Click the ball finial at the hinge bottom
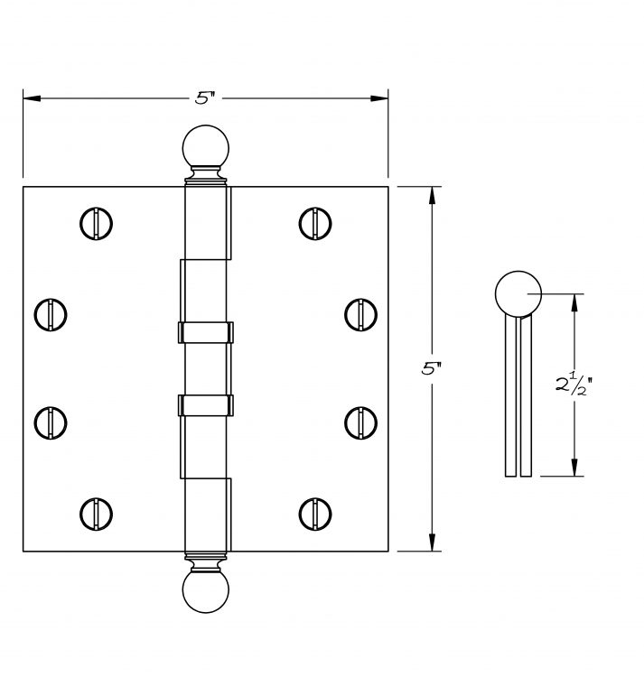coord(206,591)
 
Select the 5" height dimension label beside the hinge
coord(432,368)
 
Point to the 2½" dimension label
coord(574,384)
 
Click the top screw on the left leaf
coord(96,224)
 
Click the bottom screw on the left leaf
coord(96,515)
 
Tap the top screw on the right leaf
coord(315,224)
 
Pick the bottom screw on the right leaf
coord(315,515)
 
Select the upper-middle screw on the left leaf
coord(51,315)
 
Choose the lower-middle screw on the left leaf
coord(51,423)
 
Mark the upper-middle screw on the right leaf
coord(361,315)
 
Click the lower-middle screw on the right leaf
coord(361,423)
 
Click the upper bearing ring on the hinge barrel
coord(206,332)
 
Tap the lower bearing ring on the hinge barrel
coord(206,405)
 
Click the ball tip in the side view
coord(518,294)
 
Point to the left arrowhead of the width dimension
coord(32,98)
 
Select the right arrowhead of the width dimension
coord(379,98)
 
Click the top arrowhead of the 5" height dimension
coord(432,195)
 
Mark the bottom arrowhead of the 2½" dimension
coord(574,468)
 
